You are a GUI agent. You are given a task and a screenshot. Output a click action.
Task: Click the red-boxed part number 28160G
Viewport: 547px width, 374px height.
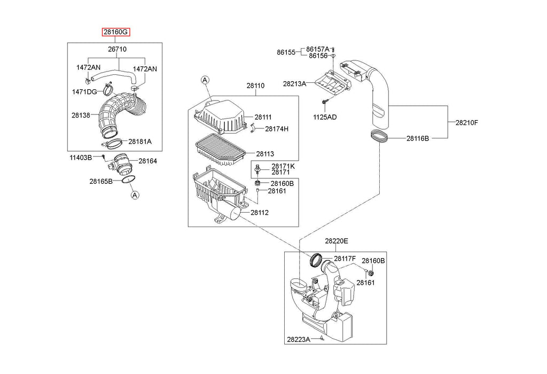pyautogui.click(x=116, y=32)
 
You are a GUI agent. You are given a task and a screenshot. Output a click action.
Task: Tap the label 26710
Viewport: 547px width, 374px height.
pyautogui.click(x=117, y=49)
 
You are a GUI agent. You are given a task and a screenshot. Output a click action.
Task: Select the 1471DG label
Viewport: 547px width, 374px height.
pyautogui.click(x=84, y=92)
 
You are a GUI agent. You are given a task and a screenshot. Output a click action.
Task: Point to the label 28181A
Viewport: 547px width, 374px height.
pyautogui.click(x=140, y=142)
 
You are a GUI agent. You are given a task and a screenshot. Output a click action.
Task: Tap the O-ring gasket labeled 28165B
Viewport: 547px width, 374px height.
pyautogui.click(x=129, y=180)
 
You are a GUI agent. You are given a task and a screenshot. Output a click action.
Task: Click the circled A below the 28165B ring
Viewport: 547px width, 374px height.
pyautogui.click(x=135, y=195)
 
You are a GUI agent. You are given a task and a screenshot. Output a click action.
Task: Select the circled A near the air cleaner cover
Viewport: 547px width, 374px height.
pyautogui.click(x=205, y=80)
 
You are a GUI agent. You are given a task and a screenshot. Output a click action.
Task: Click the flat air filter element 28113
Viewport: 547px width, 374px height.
pyautogui.click(x=221, y=150)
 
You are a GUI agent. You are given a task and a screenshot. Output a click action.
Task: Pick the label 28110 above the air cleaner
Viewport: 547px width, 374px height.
pyautogui.click(x=255, y=85)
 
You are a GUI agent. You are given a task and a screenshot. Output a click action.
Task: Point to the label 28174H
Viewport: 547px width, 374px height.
pyautogui.click(x=277, y=129)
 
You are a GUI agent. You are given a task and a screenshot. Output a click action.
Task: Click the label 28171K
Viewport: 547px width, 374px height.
pyautogui.click(x=283, y=166)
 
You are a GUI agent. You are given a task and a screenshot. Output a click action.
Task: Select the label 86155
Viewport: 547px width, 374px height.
pyautogui.click(x=286, y=52)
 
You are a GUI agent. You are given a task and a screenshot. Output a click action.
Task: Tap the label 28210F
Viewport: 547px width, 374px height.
pyautogui.click(x=467, y=122)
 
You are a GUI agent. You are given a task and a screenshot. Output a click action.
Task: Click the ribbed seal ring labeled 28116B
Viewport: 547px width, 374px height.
pyautogui.click(x=379, y=136)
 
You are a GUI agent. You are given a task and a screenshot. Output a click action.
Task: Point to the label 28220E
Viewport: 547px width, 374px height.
pyautogui.click(x=337, y=241)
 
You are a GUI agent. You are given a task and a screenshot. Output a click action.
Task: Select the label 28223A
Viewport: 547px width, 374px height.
pyautogui.click(x=299, y=339)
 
